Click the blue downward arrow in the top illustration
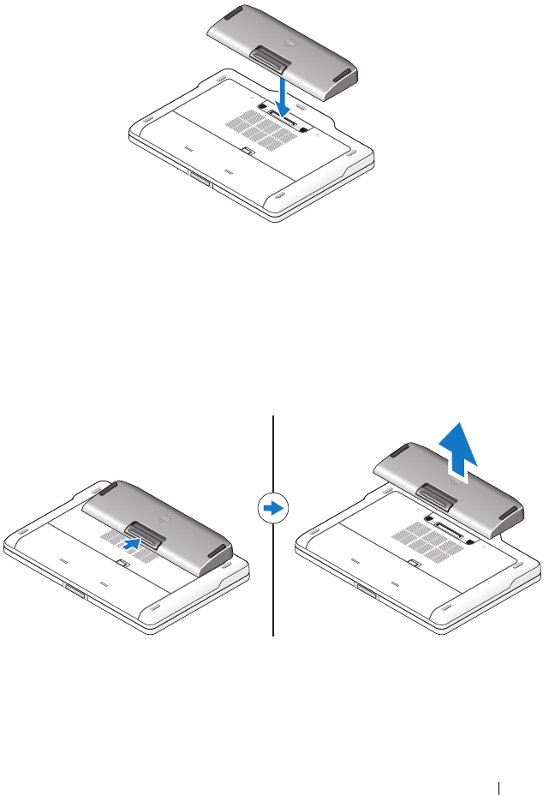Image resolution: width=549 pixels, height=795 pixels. point(284,93)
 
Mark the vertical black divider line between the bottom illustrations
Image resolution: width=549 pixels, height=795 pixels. point(273,583)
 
